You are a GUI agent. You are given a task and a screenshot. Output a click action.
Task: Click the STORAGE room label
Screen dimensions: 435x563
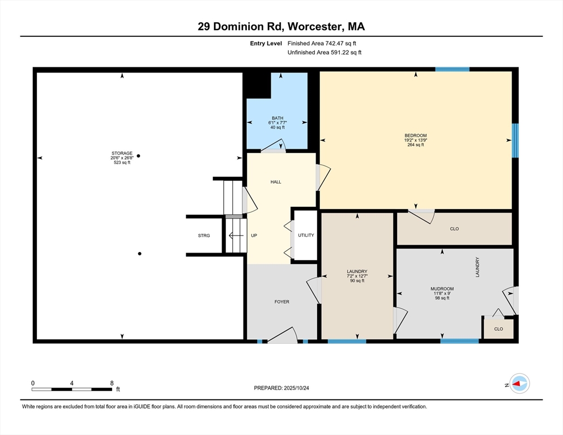(x=122, y=153)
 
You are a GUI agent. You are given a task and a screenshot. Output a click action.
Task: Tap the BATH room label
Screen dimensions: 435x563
(x=277, y=118)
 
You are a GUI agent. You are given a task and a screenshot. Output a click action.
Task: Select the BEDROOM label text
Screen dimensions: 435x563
(x=415, y=135)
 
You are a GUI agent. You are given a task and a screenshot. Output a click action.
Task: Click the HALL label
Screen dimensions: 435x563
(x=276, y=182)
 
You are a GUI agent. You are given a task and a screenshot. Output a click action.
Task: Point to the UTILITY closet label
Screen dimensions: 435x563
(x=306, y=236)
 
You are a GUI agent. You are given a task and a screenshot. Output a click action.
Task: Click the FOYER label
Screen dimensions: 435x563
(x=281, y=302)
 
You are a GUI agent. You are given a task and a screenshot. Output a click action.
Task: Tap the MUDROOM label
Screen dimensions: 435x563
(x=442, y=288)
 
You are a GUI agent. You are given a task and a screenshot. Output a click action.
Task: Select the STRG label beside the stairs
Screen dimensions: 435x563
(x=204, y=236)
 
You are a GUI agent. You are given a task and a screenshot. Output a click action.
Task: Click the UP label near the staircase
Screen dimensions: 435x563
(x=254, y=236)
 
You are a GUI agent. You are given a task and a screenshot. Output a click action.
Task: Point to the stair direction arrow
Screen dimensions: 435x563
(x=236, y=236)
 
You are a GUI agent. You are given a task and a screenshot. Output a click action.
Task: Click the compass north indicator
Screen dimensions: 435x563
(x=519, y=384)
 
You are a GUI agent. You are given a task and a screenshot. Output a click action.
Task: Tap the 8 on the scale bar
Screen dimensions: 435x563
(x=112, y=383)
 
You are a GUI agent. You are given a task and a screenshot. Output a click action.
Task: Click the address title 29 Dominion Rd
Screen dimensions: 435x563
(x=281, y=27)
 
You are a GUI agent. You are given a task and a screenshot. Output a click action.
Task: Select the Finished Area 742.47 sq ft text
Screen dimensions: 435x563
(x=322, y=43)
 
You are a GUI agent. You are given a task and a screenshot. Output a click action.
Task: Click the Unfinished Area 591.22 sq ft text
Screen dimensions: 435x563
(x=324, y=53)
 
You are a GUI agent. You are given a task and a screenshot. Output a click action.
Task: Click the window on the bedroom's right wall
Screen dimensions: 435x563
(x=515, y=140)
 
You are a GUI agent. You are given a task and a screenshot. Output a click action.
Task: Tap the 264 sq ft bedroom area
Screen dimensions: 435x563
(x=415, y=145)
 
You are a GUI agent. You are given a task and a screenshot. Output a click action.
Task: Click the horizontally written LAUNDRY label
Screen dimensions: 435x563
(x=357, y=271)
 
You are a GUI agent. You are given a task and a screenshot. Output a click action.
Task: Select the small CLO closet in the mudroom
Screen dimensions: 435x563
(x=498, y=329)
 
